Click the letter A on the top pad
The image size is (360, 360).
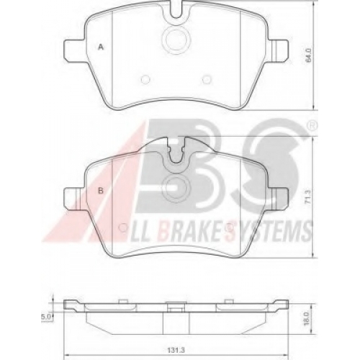tap(101, 47)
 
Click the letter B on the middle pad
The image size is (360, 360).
tap(101, 191)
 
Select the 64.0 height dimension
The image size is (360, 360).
tap(309, 55)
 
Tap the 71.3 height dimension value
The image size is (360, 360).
tap(308, 197)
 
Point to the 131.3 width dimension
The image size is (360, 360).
tap(178, 351)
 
